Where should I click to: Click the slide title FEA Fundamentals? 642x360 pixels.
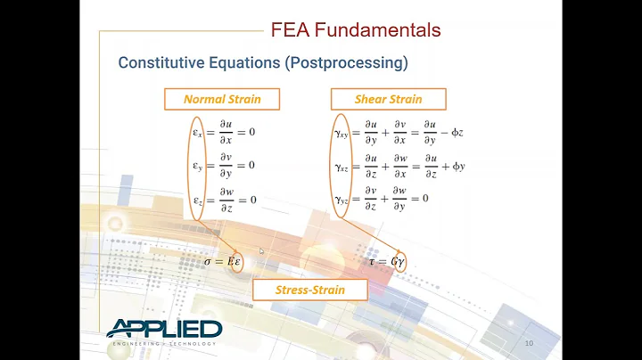pyautogui.click(x=356, y=30)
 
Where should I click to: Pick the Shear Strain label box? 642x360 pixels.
pyautogui.click(x=389, y=99)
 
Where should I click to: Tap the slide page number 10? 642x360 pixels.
pyautogui.click(x=529, y=343)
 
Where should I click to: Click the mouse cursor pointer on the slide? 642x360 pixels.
pyautogui.click(x=262, y=252)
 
